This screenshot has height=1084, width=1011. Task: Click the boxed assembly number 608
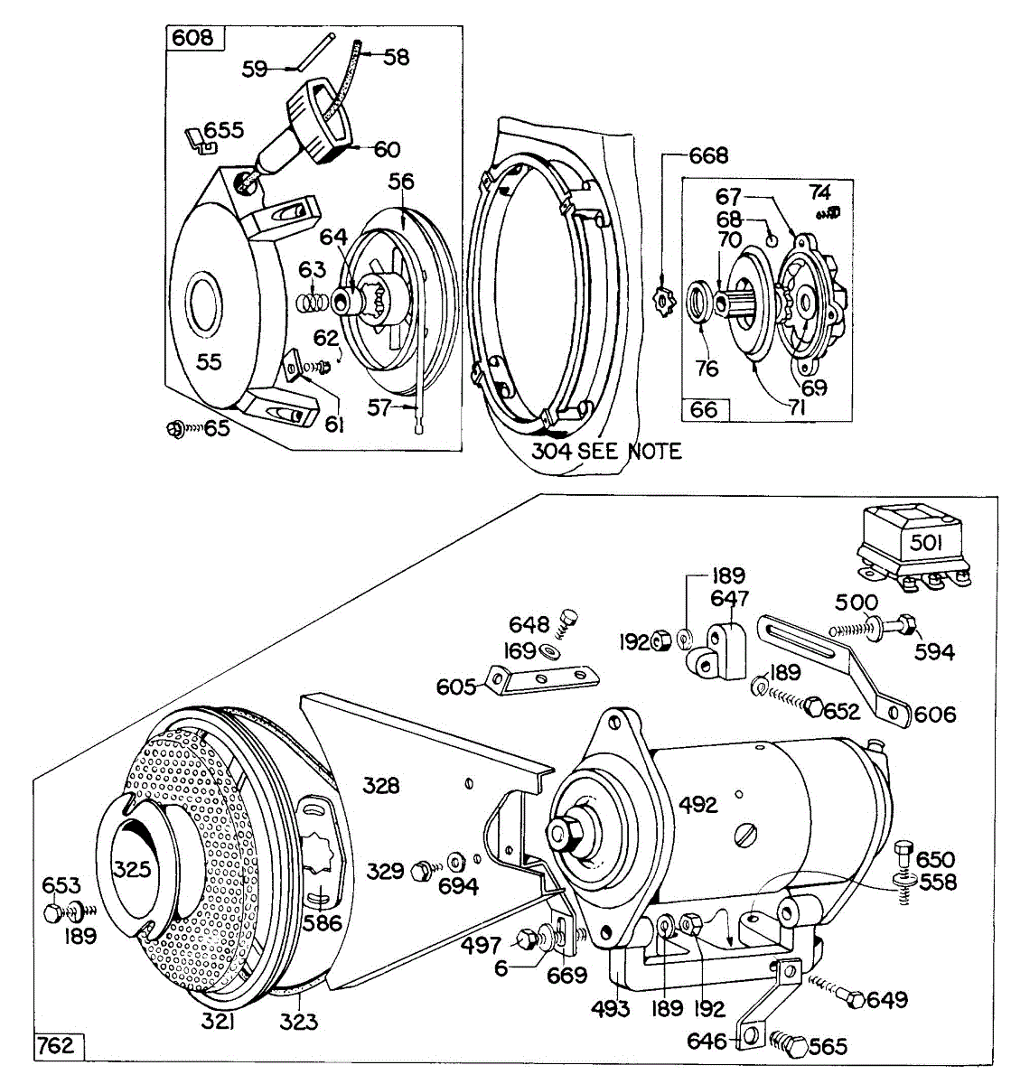point(192,37)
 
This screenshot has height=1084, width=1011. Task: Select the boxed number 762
point(55,1046)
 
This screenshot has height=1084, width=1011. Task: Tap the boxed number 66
point(704,409)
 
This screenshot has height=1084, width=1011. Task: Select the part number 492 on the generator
point(697,804)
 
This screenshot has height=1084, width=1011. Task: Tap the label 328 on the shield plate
point(380,785)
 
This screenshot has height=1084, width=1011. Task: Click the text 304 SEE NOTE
point(605,450)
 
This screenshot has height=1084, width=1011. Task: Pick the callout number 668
point(708,155)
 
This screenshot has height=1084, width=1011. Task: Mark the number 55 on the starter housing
point(209,361)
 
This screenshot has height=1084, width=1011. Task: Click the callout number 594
point(934,651)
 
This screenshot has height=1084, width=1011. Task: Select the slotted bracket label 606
point(934,715)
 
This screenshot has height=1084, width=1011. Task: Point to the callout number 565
point(828,1046)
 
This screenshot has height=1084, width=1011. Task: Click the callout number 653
point(61,886)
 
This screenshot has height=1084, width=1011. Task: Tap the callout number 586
point(323,922)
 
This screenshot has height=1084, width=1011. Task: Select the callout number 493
point(611,1008)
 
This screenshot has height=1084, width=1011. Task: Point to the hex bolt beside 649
point(851,997)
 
